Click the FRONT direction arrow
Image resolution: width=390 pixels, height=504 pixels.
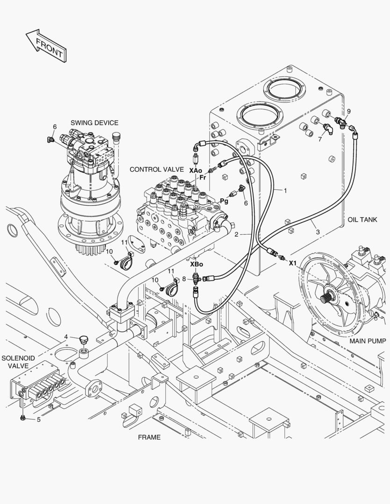pos(45,45)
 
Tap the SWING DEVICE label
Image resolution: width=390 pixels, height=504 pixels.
pos(94,123)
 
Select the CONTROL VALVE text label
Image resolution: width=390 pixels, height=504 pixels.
pos(157,169)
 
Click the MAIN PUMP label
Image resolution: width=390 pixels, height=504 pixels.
pos(368,341)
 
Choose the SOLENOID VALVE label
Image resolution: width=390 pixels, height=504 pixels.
pos(15,362)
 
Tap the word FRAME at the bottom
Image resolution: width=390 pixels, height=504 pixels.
pos(149,437)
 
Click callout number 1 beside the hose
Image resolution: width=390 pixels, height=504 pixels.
pos(285,190)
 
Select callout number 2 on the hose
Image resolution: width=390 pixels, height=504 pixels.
pos(237,234)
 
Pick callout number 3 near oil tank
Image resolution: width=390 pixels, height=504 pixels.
pos(317,231)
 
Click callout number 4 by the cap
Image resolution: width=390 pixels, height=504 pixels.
pos(66,336)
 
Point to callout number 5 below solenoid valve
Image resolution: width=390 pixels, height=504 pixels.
pos(39,420)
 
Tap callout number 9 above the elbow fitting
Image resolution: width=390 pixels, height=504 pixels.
pos(348,111)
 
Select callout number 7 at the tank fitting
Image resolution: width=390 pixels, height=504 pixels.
pos(320,139)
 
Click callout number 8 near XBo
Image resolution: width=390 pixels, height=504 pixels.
pos(184,279)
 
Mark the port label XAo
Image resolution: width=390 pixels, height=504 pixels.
pos(196,171)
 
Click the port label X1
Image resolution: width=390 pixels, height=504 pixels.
pos(293,263)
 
